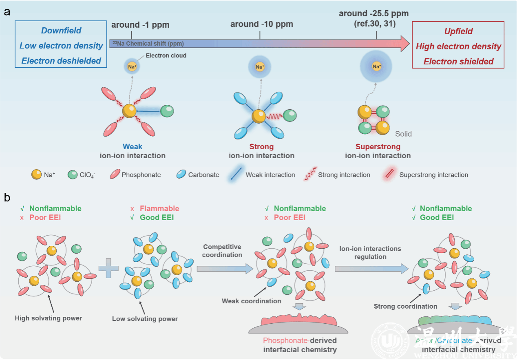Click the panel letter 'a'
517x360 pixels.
point(7,12)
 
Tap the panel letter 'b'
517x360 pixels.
point(7,198)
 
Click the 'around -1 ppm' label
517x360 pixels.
point(140,25)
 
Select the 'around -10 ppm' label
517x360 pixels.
point(261,24)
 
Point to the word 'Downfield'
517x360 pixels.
point(61,31)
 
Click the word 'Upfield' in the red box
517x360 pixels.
point(458,31)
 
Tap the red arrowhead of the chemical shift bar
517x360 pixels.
point(403,43)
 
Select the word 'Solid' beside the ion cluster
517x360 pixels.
point(403,134)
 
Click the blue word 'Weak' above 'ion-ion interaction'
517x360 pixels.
point(133,146)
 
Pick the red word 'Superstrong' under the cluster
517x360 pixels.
point(378,146)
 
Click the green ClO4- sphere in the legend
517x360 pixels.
point(73,174)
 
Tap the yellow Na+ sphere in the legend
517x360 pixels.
point(36,174)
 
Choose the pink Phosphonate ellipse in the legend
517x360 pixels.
point(115,174)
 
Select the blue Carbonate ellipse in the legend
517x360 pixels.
point(181,174)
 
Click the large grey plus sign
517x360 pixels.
point(108,269)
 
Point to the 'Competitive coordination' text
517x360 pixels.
point(222,251)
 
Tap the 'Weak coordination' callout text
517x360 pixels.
point(251,301)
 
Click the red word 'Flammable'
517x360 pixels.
point(159,208)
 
